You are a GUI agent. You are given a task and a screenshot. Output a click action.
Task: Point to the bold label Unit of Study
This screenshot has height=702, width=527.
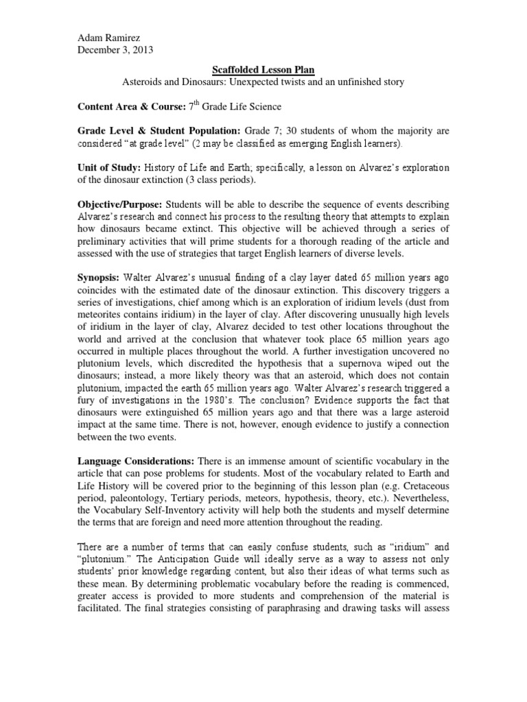[110, 168]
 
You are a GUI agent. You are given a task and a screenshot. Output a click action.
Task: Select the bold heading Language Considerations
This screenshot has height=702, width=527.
[144, 461]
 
